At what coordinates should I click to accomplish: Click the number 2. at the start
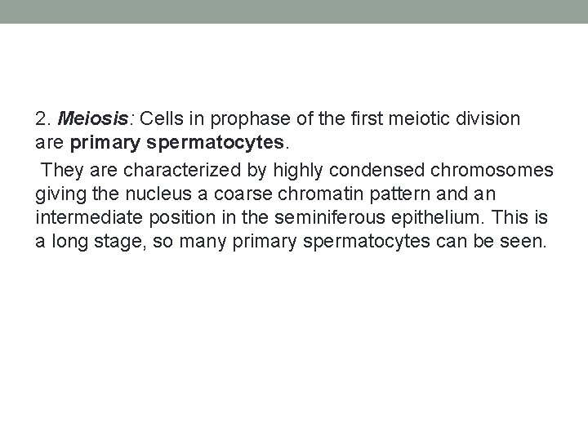tap(42, 119)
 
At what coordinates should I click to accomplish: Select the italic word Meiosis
tap(86, 119)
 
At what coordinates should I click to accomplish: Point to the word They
tap(59, 170)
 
